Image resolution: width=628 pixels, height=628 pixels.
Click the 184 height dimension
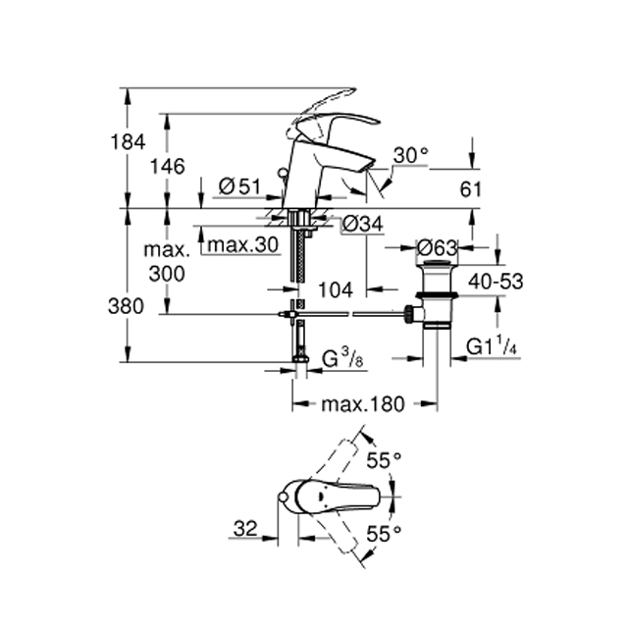(128, 142)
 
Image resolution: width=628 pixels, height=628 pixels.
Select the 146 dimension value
(168, 166)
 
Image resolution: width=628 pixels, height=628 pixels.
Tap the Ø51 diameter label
(239, 186)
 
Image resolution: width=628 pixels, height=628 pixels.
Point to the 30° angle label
(410, 155)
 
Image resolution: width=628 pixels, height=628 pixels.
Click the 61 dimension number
(470, 189)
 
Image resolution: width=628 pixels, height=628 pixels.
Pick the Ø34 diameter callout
(362, 225)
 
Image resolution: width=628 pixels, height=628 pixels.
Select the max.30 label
(243, 244)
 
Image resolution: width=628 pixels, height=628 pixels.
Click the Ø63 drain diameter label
(437, 248)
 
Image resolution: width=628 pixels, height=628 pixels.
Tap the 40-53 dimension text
(496, 282)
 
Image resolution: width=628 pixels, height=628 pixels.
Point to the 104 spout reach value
(336, 289)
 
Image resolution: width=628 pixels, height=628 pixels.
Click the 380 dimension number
(126, 307)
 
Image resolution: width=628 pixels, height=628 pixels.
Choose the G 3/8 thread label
(342, 358)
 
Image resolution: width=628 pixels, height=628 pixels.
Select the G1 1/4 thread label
(492, 345)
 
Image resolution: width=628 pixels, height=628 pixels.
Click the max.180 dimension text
(363, 404)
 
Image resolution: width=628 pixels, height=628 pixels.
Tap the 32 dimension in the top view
(245, 529)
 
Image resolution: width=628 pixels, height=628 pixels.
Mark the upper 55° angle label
(384, 460)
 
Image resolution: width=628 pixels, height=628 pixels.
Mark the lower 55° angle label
(384, 534)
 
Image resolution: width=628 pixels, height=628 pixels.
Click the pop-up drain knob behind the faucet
(283, 173)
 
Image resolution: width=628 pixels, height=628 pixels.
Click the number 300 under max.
(167, 274)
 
